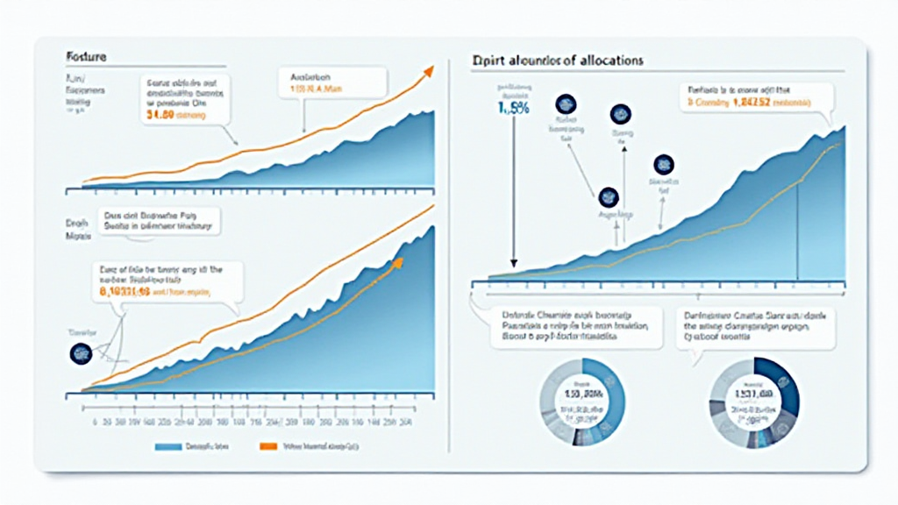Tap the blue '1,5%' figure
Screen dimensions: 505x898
point(513,108)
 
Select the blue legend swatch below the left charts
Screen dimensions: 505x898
point(167,446)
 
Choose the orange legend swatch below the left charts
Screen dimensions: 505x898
point(269,446)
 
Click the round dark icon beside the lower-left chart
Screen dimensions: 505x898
point(80,353)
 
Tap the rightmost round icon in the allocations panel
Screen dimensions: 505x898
point(663,163)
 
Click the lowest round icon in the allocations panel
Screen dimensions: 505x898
point(608,196)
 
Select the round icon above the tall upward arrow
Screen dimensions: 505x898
point(620,113)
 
